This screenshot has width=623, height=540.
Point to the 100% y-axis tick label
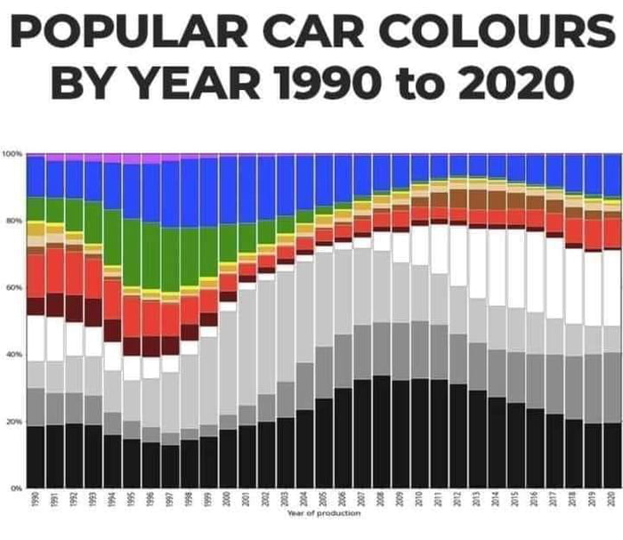[x=12, y=154]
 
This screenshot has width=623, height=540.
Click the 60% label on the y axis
[x=13, y=287]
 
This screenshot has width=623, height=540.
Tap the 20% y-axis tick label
[x=13, y=421]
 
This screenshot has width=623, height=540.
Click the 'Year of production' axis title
[x=324, y=514]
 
